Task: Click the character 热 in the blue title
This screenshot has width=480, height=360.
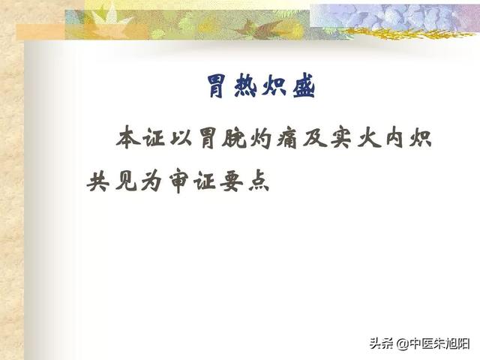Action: [245, 87]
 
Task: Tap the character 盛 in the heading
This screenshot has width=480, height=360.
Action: [304, 87]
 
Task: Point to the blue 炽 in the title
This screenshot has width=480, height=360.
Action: [274, 87]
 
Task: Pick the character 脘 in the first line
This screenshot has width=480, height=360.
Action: [234, 138]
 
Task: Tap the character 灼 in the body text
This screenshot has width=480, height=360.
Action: [261, 138]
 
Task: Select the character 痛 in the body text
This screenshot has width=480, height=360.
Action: [287, 138]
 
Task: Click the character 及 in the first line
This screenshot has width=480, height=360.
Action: [314, 138]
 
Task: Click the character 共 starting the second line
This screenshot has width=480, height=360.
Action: [98, 181]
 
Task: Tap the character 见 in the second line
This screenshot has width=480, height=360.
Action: [125, 181]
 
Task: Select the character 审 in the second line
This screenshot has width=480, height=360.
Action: [178, 181]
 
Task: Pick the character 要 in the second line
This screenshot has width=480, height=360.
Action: [232, 181]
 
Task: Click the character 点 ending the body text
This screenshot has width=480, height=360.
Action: [259, 181]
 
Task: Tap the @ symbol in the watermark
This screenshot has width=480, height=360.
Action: [403, 344]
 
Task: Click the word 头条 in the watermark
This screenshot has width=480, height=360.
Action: [382, 343]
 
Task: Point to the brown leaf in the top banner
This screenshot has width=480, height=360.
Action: [262, 28]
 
